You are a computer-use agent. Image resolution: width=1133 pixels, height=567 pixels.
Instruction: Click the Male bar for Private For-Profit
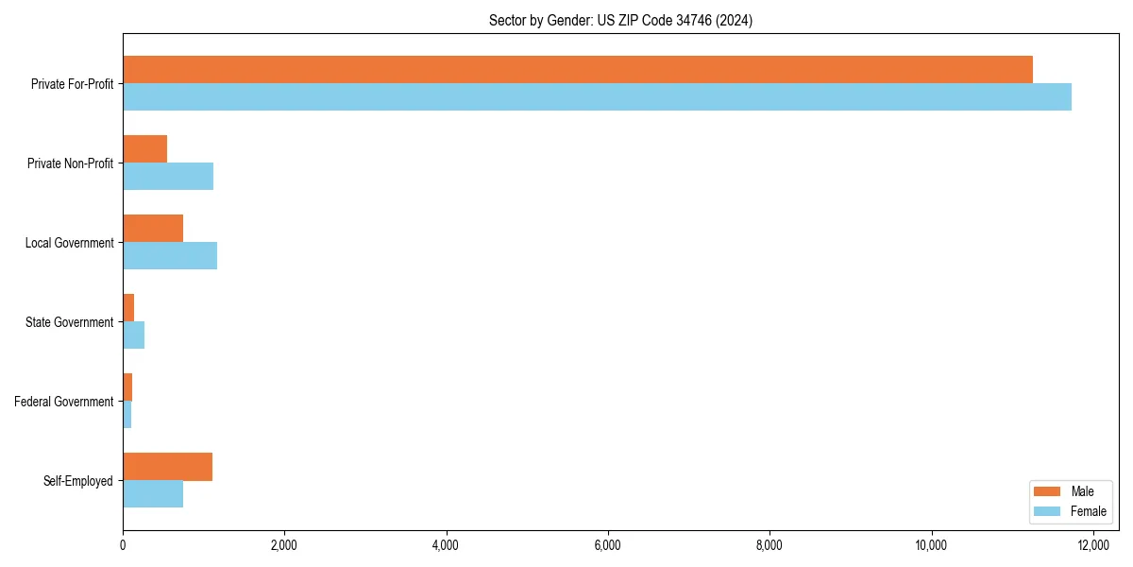click(x=578, y=69)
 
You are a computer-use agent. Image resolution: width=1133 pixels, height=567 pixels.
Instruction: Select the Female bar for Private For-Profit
click(x=597, y=96)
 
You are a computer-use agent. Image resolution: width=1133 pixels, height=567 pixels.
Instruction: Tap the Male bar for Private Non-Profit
click(x=144, y=148)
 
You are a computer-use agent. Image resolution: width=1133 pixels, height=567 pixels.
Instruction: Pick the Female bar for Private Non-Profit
click(x=168, y=176)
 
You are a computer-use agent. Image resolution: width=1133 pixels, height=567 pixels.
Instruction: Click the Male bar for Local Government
click(x=153, y=228)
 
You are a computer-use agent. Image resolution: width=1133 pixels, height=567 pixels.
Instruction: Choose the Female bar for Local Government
click(x=170, y=255)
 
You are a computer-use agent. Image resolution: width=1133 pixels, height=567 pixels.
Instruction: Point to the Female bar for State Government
click(x=133, y=335)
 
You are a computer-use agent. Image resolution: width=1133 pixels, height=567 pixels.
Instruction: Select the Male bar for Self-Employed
click(x=167, y=467)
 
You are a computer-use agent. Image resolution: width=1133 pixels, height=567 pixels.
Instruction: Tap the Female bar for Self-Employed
click(x=153, y=494)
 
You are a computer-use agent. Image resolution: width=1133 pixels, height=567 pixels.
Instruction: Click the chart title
click(x=620, y=20)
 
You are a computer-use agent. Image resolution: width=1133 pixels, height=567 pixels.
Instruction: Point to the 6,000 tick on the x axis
click(x=608, y=544)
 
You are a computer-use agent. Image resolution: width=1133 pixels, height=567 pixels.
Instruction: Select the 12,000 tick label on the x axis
click(x=1093, y=544)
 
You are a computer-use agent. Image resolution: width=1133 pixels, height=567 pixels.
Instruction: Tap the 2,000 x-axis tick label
click(x=284, y=544)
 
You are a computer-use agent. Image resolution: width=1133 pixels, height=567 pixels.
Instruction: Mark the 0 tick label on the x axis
click(x=123, y=544)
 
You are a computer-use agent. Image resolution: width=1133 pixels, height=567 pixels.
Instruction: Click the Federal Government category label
click(x=64, y=402)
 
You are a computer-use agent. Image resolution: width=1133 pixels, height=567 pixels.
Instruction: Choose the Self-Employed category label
click(x=78, y=481)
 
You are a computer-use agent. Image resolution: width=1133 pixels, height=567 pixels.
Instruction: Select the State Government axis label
click(x=69, y=322)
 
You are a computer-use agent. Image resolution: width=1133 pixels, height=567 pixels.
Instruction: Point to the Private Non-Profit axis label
click(x=70, y=163)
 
